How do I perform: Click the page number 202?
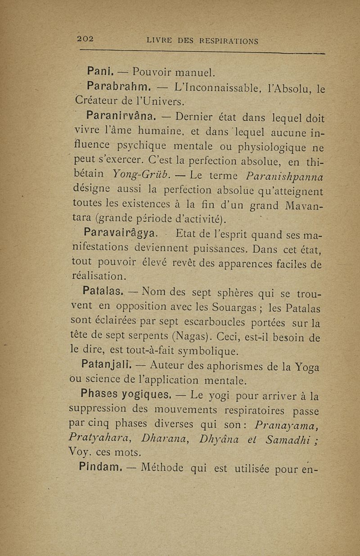point(85,39)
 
